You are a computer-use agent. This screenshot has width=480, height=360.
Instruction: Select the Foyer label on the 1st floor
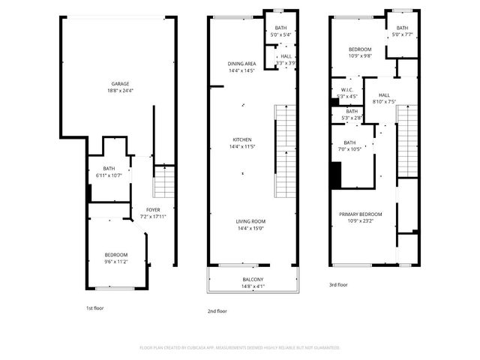click(x=152, y=211)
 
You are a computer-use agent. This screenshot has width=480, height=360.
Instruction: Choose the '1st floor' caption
click(x=95, y=308)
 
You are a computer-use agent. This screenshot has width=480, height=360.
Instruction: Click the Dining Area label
click(x=241, y=64)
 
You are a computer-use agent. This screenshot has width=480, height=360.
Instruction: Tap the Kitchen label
click(x=241, y=139)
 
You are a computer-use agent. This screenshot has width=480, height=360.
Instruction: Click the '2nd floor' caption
click(x=218, y=310)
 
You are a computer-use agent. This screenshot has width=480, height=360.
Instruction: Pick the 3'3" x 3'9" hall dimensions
click(x=286, y=63)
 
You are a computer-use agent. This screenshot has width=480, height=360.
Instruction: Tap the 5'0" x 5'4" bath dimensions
click(x=280, y=35)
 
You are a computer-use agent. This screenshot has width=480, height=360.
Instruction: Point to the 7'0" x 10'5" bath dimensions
click(x=351, y=148)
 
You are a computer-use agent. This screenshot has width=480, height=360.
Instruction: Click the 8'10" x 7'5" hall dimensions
click(x=384, y=102)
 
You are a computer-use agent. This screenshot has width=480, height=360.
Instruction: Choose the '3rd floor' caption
click(x=338, y=285)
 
